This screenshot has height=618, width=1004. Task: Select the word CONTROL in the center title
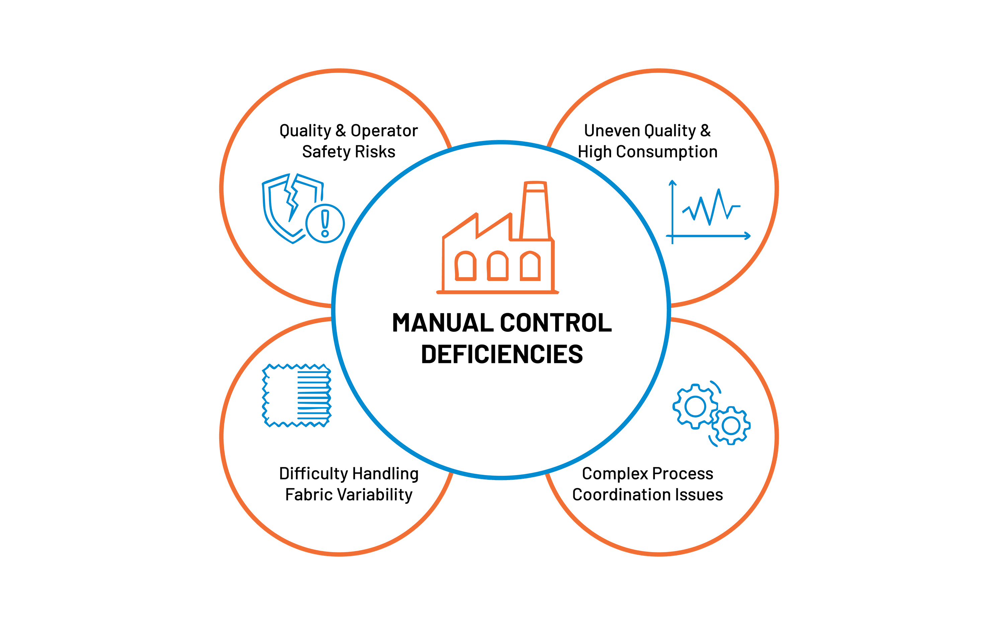(556, 323)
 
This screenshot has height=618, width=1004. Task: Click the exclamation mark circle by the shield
(325, 224)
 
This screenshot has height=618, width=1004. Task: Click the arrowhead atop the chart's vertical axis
(672, 182)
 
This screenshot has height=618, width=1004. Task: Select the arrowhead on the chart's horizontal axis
(748, 236)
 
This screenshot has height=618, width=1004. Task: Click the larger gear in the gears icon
(695, 406)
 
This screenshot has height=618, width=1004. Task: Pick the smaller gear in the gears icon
(731, 426)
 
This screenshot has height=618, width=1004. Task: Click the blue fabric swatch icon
(297, 395)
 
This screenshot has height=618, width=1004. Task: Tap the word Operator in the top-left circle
(384, 131)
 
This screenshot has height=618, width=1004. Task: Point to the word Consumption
(667, 152)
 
